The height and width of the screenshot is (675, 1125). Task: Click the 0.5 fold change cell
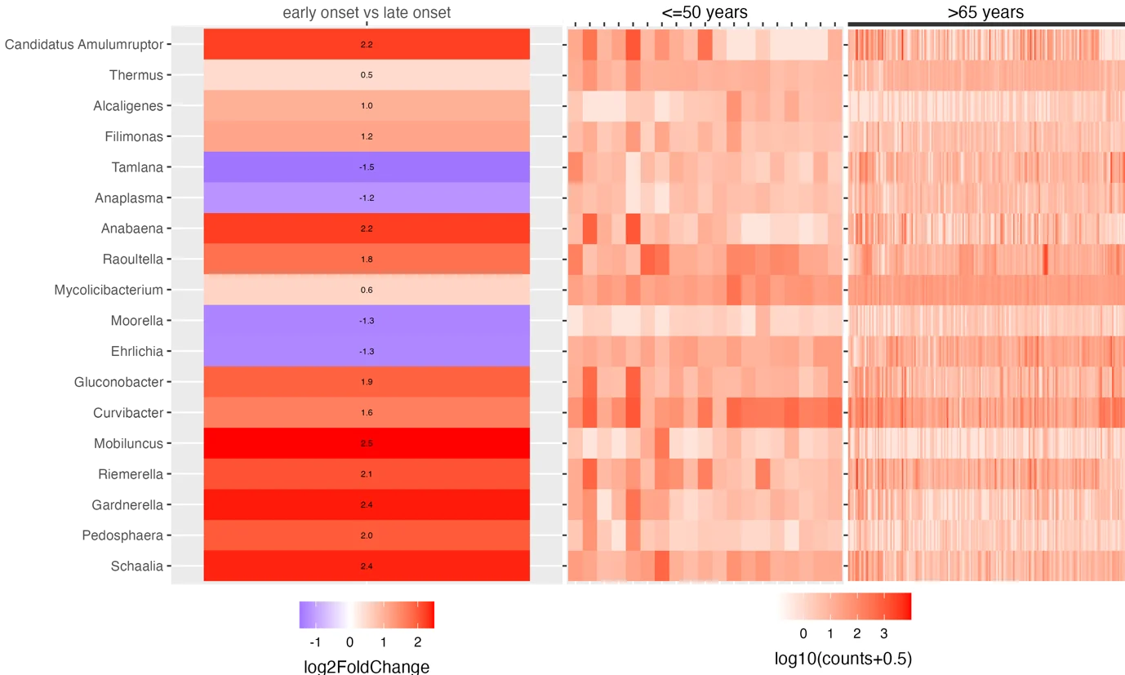pyautogui.click(x=367, y=75)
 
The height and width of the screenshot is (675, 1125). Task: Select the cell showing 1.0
pyautogui.click(x=367, y=106)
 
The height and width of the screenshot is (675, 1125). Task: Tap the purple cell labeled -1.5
pyautogui.click(x=367, y=167)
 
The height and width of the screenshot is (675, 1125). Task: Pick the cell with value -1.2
pyautogui.click(x=367, y=198)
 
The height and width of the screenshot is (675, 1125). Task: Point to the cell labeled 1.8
pyautogui.click(x=367, y=260)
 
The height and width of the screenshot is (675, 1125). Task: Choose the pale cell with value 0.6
pyautogui.click(x=367, y=290)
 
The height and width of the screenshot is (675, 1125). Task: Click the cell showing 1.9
pyautogui.click(x=367, y=382)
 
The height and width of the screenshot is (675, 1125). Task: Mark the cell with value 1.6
pyautogui.click(x=367, y=413)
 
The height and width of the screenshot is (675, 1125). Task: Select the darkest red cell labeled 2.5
pyautogui.click(x=367, y=443)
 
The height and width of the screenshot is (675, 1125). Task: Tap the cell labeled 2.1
pyautogui.click(x=367, y=474)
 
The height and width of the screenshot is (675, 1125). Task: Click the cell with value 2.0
pyautogui.click(x=367, y=535)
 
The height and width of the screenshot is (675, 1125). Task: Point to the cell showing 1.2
pyautogui.click(x=367, y=136)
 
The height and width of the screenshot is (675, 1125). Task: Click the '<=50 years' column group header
pyautogui.click(x=704, y=12)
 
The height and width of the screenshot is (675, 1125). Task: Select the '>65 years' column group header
pyautogui.click(x=985, y=12)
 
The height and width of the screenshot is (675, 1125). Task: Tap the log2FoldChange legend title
pyautogui.click(x=367, y=666)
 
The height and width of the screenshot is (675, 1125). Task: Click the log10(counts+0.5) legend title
pyautogui.click(x=843, y=658)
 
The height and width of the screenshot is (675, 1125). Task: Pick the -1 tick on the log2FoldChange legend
pyautogui.click(x=316, y=642)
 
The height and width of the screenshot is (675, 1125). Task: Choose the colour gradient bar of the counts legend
pyautogui.click(x=843, y=606)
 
